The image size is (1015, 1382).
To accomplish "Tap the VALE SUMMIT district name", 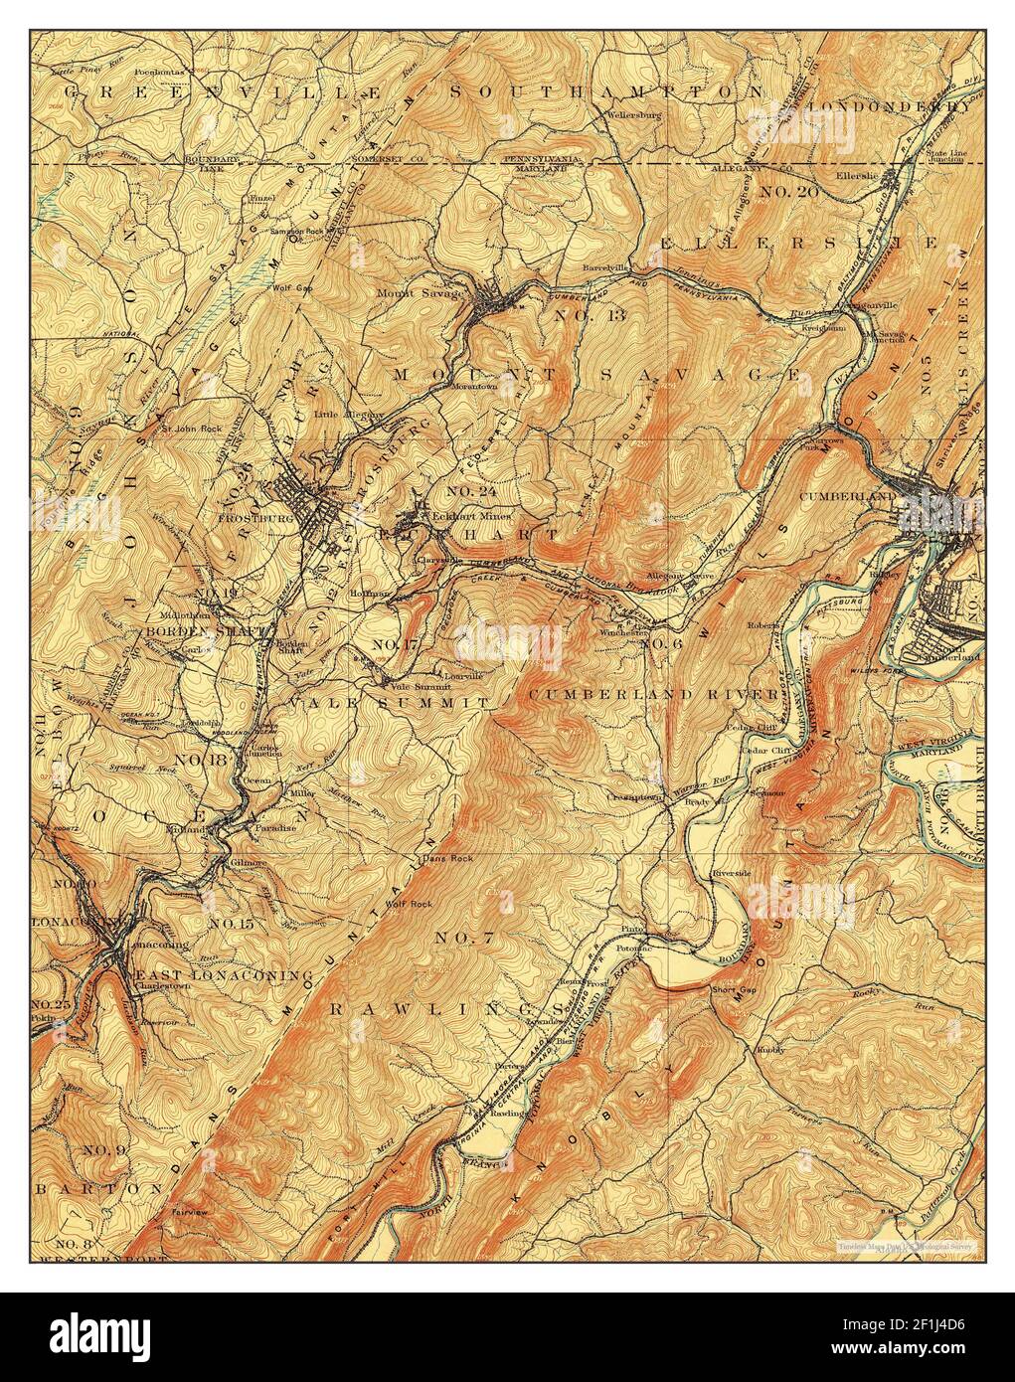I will [390, 702].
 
